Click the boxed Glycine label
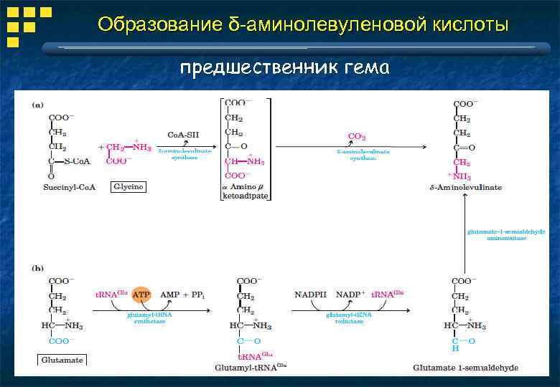pyautogui.click(x=129, y=186)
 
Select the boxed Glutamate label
pyautogui.click(x=62, y=359)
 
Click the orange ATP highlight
pyautogui.click(x=141, y=295)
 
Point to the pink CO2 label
pyautogui.click(x=357, y=136)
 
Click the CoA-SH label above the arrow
pyautogui.click(x=183, y=134)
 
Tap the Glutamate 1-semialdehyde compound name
pyautogui.click(x=465, y=368)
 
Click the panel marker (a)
pyautogui.click(x=36, y=105)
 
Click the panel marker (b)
pyautogui.click(x=37, y=269)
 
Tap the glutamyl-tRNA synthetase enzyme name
pyautogui.click(x=149, y=318)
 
